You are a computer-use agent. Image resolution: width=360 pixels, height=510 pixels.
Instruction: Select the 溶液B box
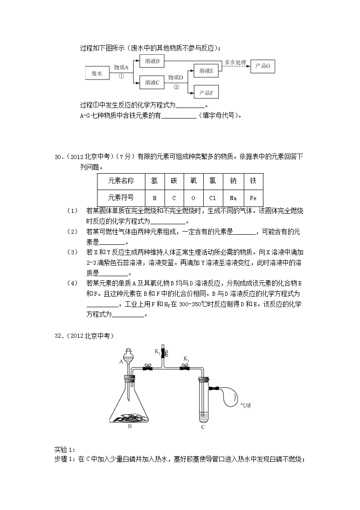152,61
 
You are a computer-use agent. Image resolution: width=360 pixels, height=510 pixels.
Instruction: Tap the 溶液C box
152,82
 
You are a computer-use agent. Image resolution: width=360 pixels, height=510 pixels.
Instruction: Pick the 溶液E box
206,71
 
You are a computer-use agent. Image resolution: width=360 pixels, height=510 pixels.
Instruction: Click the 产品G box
263,66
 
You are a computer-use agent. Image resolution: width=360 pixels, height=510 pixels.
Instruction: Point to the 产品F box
206,93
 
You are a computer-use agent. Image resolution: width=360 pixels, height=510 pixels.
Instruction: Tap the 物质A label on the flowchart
121,67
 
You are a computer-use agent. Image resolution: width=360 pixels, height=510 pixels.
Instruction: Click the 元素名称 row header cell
121,181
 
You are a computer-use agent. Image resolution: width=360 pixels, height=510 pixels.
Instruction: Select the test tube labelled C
203,401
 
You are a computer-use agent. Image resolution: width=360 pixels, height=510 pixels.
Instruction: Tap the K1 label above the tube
186,360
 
